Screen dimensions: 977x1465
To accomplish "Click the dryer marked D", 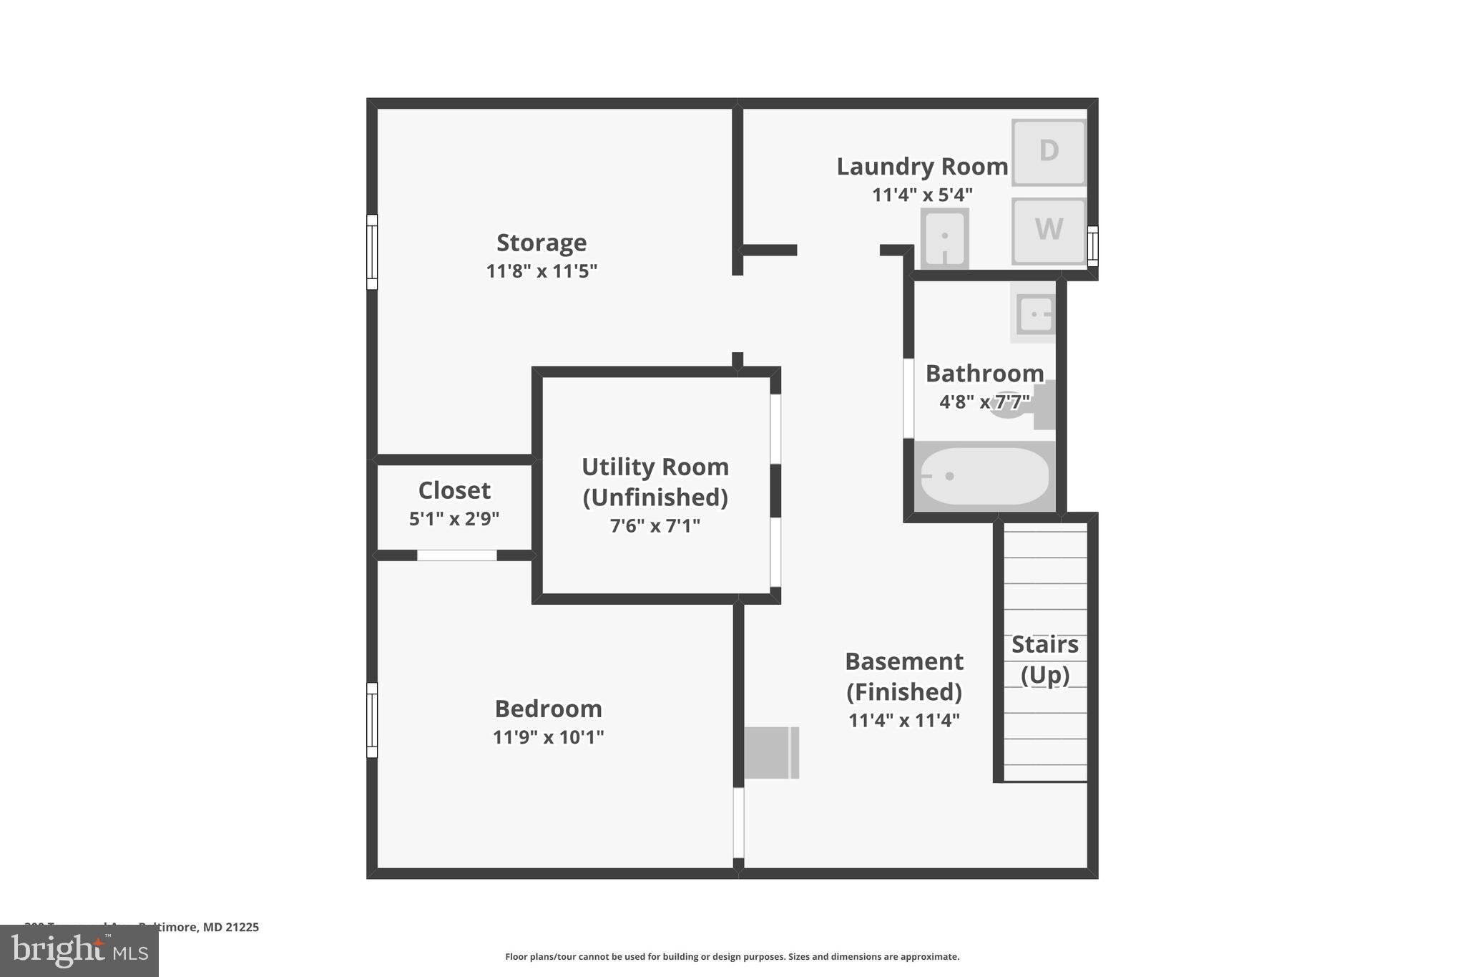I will tap(1048, 152).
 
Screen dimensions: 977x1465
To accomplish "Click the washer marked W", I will tap(1048, 230).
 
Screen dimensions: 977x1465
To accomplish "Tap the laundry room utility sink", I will tap(944, 238).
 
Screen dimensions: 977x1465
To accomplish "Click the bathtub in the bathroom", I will tap(984, 476).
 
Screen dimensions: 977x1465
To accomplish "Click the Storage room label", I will tap(542, 243).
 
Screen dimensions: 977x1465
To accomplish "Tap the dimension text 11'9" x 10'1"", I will tap(548, 737).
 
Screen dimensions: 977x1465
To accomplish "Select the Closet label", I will tap(454, 490).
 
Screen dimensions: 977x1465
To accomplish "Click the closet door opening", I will tap(456, 555).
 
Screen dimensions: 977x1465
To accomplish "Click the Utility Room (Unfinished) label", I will tap(655, 482).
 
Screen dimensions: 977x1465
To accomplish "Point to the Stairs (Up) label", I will tap(1044, 659).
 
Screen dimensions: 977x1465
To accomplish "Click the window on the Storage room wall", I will tap(372, 252).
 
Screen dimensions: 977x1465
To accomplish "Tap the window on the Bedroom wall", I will tap(372, 719).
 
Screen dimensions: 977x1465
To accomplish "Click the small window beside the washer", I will tap(1092, 246).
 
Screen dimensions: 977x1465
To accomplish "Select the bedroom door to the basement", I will tap(738, 822).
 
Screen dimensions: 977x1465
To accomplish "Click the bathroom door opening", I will tap(908, 398).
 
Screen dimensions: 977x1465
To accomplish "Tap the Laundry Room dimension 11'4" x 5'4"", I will tap(922, 195).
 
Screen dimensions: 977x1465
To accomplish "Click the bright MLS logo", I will tap(79, 951).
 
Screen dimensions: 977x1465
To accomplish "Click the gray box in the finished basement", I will tap(771, 752).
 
